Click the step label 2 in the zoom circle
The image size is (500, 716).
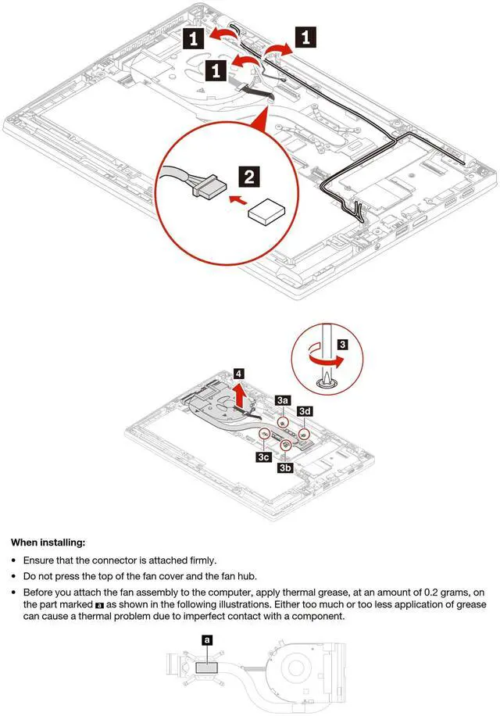click(x=248, y=176)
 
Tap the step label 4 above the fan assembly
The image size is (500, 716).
click(x=238, y=374)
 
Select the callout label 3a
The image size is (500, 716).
click(x=284, y=399)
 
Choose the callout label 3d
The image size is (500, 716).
click(x=307, y=410)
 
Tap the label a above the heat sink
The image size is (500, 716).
click(x=206, y=639)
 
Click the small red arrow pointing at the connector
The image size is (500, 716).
click(x=233, y=200)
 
